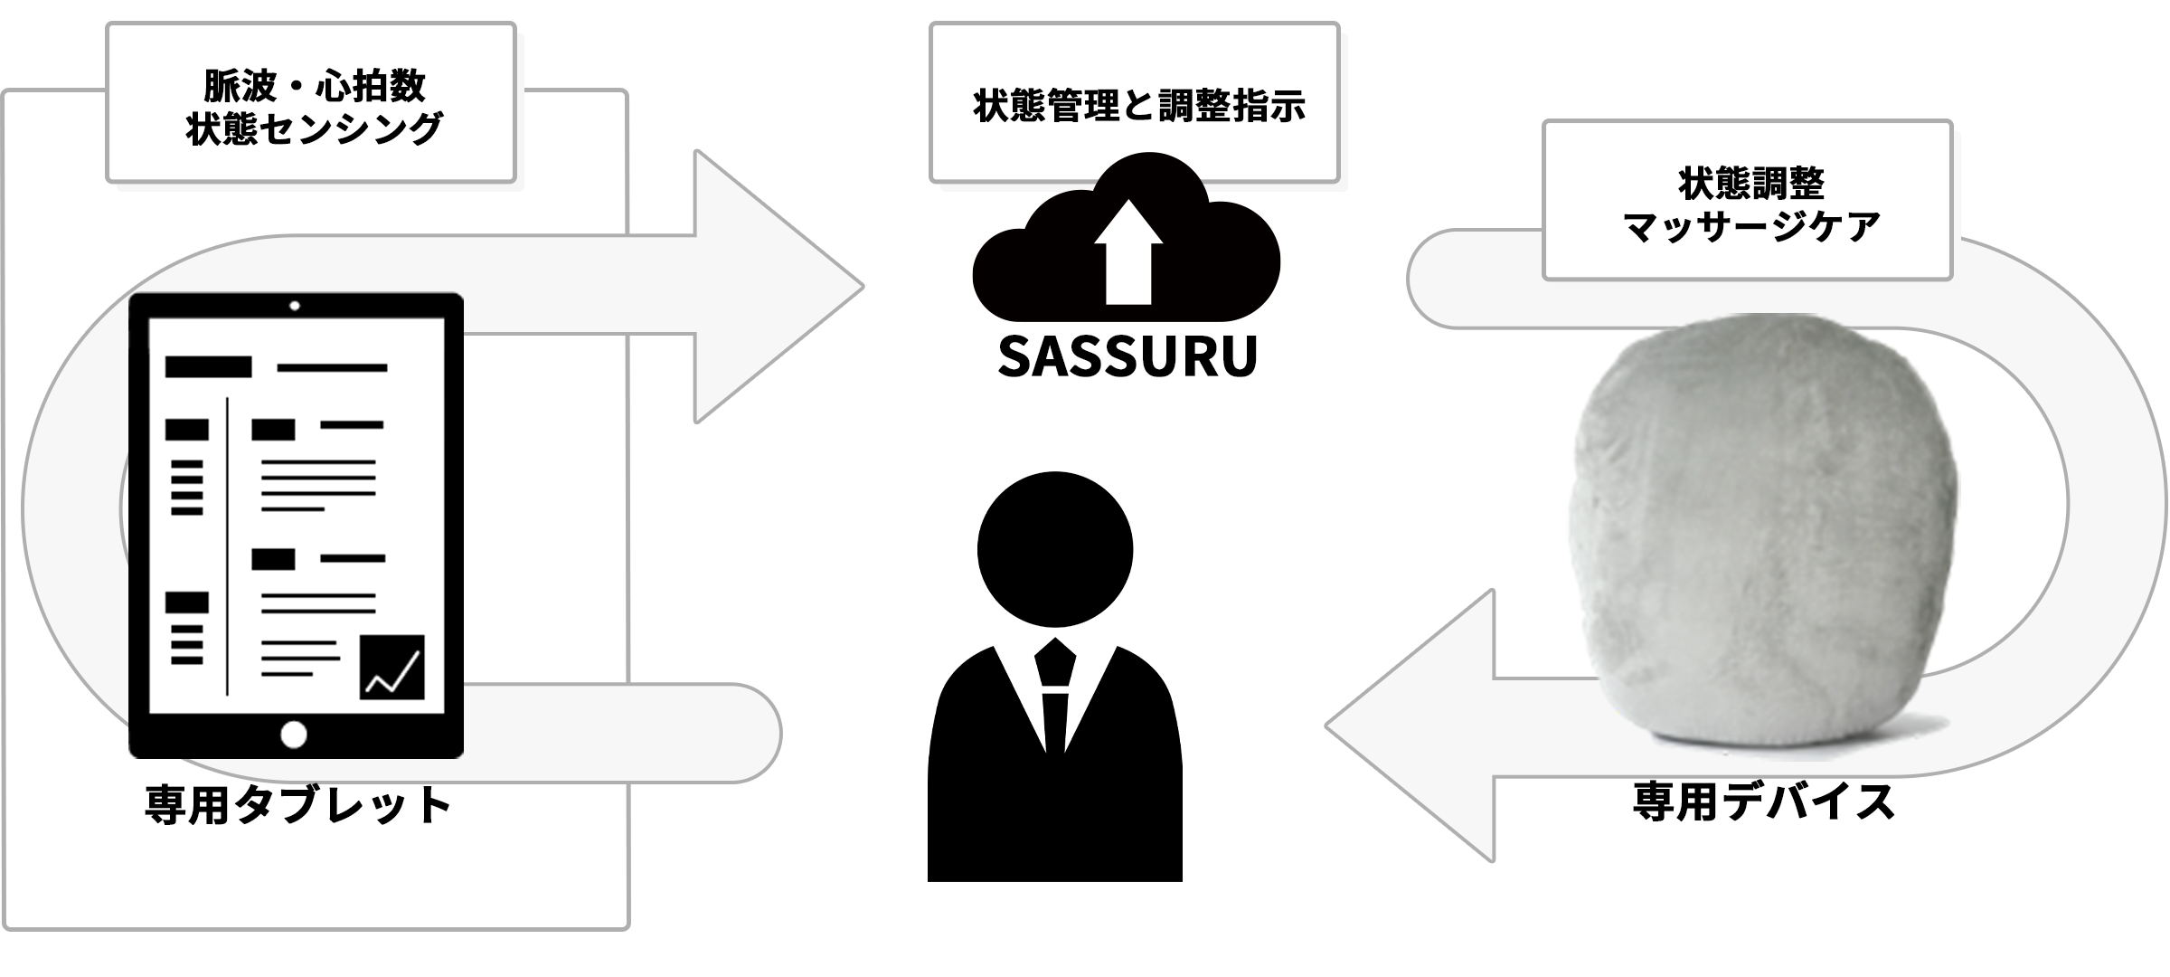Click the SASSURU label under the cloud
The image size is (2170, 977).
(x=1127, y=357)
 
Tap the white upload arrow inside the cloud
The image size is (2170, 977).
(x=1127, y=253)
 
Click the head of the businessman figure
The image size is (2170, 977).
(x=1054, y=549)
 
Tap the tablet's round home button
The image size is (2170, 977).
(x=294, y=734)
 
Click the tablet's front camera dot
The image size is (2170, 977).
(x=295, y=306)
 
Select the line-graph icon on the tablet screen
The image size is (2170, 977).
(x=392, y=667)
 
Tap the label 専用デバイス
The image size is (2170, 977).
(x=1764, y=802)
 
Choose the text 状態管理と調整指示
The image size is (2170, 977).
(x=1139, y=106)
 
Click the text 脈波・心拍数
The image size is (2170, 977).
(x=314, y=87)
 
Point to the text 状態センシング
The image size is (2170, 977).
(x=314, y=128)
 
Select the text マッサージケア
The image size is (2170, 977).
(x=1751, y=225)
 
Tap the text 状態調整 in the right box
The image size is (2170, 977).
(x=1751, y=184)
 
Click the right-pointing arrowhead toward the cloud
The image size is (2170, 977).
(x=778, y=287)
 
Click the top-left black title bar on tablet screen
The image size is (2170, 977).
(x=208, y=366)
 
